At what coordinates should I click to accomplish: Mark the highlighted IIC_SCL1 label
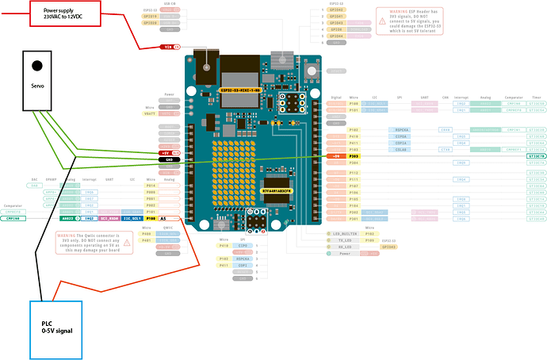click(x=132, y=217)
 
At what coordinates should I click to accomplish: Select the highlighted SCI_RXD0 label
click(x=109, y=217)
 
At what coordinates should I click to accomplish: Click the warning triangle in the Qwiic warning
click(x=60, y=236)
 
